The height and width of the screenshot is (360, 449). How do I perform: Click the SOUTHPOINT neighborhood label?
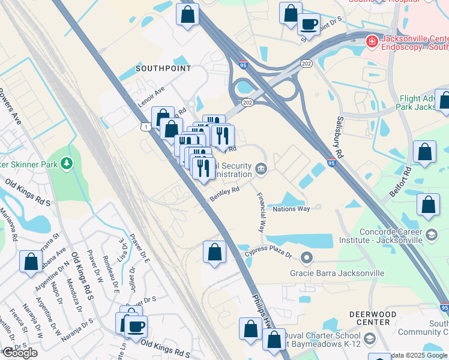click(163, 68)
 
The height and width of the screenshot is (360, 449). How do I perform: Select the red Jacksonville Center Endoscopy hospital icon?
click(372, 41)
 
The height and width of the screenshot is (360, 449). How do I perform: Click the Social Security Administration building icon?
click(261, 169)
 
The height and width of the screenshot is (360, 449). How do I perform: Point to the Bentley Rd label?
click(224, 193)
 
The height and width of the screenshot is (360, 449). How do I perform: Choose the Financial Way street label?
click(262, 212)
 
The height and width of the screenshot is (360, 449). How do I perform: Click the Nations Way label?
click(291, 209)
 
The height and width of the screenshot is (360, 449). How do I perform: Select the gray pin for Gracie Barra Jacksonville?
click(307, 259)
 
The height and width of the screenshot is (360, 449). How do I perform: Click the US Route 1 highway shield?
click(145, 126)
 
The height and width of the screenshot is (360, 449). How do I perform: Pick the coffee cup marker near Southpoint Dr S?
click(309, 25)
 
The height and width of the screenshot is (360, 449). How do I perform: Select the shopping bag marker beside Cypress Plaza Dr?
click(214, 253)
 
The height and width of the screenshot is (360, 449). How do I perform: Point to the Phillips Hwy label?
click(261, 306)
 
